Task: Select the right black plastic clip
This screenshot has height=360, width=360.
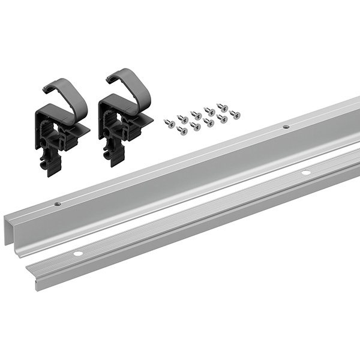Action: click(120, 123)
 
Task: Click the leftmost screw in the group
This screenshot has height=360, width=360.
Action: click(169, 123)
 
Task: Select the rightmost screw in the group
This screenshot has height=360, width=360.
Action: click(235, 114)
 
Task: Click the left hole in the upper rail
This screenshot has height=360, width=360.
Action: click(58, 204)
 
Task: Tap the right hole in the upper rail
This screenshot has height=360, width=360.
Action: click(286, 127)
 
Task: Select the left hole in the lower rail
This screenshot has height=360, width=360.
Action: click(77, 254)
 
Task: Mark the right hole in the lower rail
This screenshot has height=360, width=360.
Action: click(305, 173)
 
